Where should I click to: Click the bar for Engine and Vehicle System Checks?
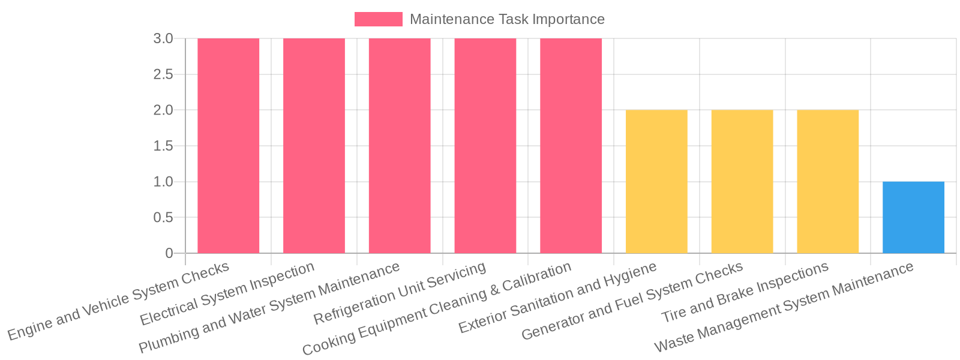tap(228, 146)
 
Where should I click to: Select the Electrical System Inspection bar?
tap(314, 146)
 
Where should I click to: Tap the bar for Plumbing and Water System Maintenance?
tap(400, 146)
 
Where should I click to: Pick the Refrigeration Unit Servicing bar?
tap(485, 146)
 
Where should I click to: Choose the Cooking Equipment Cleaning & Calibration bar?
tap(571, 146)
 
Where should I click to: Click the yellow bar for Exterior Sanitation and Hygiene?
tap(656, 182)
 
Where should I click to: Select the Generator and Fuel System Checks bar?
tap(742, 182)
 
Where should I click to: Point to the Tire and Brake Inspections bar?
tap(827, 182)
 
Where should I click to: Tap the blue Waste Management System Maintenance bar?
tap(913, 217)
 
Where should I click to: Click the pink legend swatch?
tap(378, 19)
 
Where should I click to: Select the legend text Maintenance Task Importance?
tap(507, 19)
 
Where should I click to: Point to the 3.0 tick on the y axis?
tap(163, 38)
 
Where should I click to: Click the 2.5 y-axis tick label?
tap(163, 74)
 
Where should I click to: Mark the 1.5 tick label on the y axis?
tap(163, 146)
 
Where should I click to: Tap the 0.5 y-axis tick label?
tap(163, 217)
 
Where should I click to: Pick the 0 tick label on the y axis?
tap(169, 253)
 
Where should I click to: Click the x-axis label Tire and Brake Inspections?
tap(745, 292)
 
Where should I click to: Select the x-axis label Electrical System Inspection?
tap(227, 294)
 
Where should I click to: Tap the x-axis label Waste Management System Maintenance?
tap(784, 307)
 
